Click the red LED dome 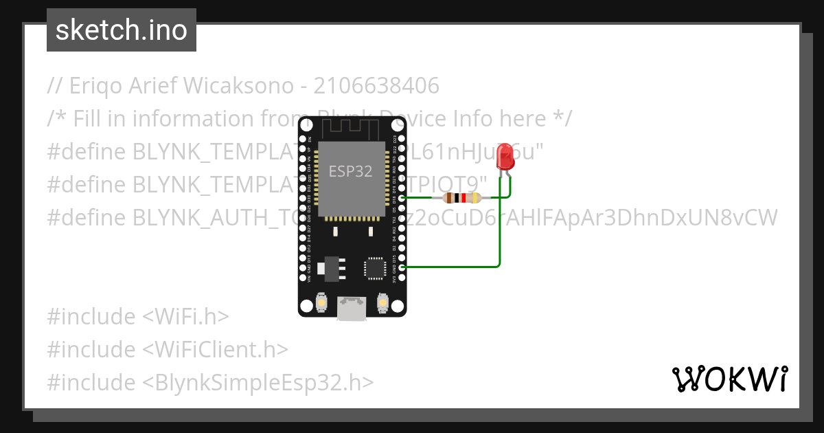pos(505,157)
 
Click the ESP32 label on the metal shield pos(350,171)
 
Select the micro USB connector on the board pos(351,309)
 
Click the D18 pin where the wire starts pos(402,198)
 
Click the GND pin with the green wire pos(402,267)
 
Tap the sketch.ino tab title pos(122,30)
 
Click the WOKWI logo pos(729,379)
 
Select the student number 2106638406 pos(376,86)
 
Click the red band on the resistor pos(463,198)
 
